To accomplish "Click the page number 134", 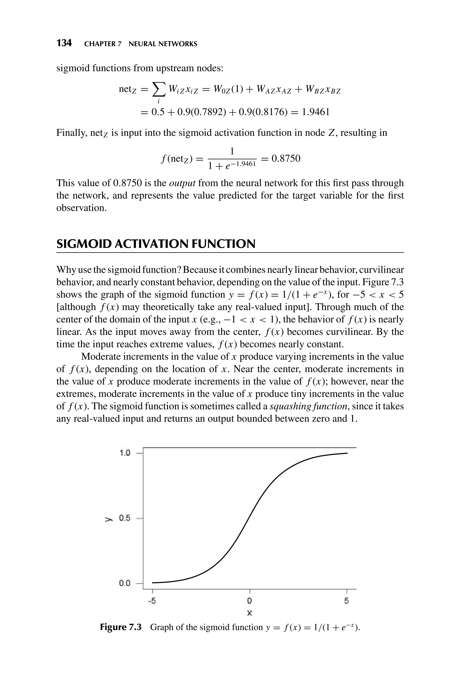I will point(64,43).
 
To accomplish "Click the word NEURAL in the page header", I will point(142,44).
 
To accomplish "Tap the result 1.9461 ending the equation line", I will point(316,112).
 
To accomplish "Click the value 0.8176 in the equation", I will point(268,112).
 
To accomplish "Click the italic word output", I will point(182,183).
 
